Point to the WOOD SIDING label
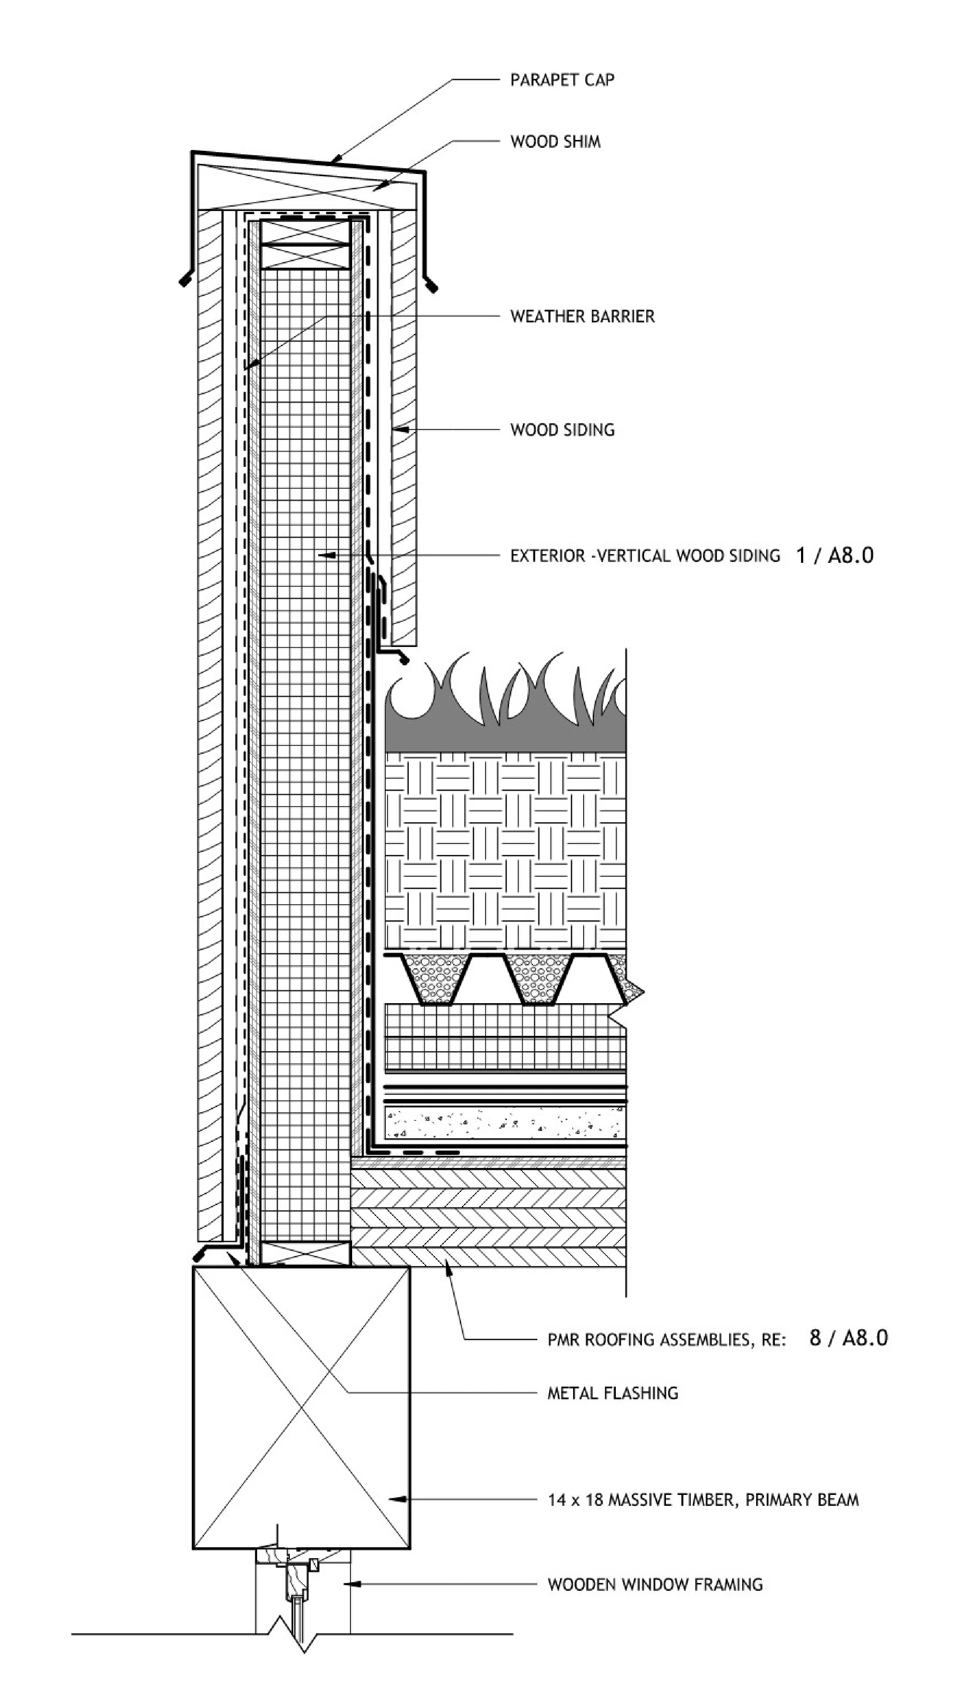point(562,430)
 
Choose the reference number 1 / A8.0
point(834,555)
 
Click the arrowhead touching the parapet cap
point(337,160)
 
